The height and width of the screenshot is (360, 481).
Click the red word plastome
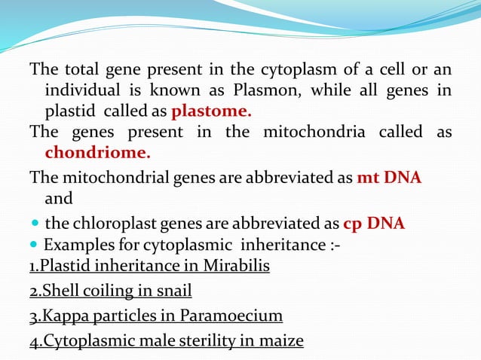click(212, 112)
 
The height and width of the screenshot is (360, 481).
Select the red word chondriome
click(97, 153)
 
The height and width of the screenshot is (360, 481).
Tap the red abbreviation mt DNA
click(389, 178)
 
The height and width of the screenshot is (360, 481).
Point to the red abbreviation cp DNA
click(374, 224)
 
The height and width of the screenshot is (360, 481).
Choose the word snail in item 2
click(173, 291)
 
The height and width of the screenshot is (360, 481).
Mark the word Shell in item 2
click(58, 291)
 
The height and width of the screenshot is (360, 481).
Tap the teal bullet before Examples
click(35, 245)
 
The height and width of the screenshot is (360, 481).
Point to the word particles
click(129, 316)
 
